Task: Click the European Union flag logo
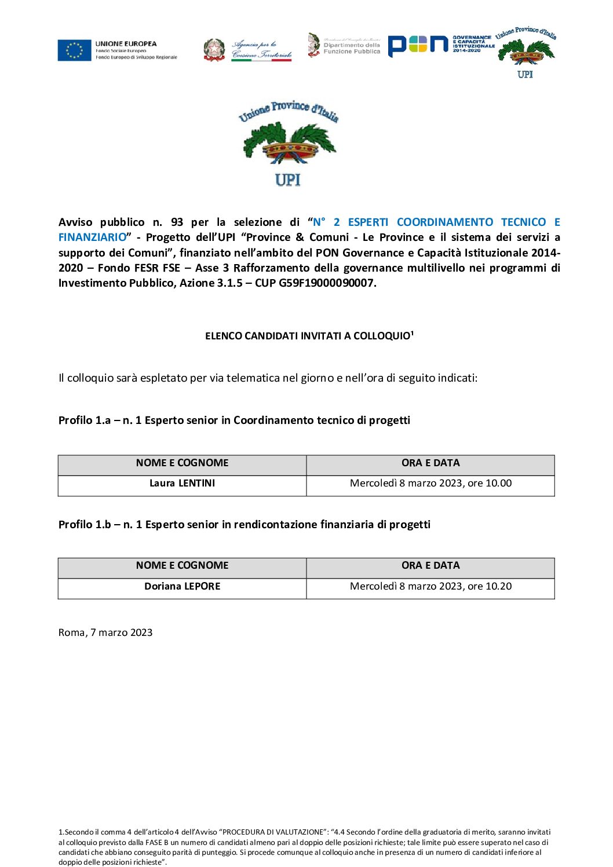point(75,50)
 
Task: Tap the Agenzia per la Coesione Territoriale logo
point(248,50)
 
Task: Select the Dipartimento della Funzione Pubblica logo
point(344,45)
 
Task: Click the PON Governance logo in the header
point(440,45)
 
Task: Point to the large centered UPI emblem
point(289,144)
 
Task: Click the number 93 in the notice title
point(177,222)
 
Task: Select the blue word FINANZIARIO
point(92,237)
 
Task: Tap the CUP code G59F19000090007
point(326,283)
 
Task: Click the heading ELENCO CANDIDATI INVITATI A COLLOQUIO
point(309,336)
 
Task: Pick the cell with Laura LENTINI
point(182,484)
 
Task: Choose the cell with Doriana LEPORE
point(182,587)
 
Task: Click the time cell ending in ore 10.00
point(430,484)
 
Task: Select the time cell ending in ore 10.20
point(430,587)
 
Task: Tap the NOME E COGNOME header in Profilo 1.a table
point(182,463)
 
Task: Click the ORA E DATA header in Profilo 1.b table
point(430,566)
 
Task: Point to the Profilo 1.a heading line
point(234,420)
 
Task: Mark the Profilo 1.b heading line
point(244,525)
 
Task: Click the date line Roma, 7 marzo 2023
point(105,633)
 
